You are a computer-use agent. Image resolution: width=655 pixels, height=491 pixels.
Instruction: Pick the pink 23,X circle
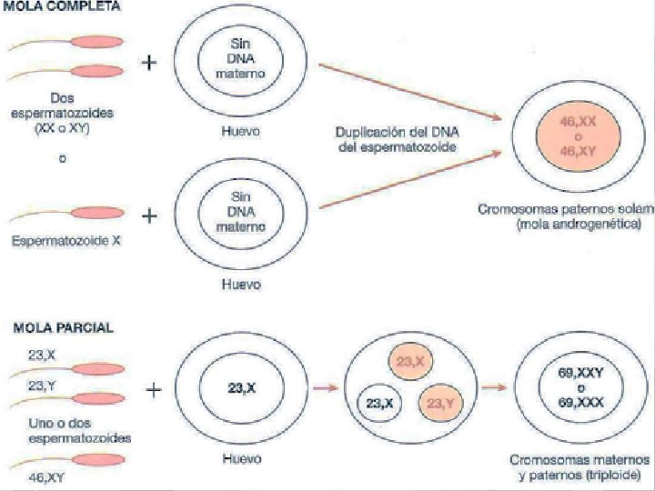pos(410,361)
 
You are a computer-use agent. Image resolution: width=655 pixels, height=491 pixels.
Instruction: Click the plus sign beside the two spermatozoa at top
pos(149,63)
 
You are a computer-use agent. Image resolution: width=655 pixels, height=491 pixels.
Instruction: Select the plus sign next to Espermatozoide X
pos(149,217)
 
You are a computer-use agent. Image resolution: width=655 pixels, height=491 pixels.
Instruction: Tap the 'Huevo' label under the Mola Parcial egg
pos(241,459)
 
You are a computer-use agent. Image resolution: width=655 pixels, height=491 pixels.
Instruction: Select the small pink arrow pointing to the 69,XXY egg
pos(492,388)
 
